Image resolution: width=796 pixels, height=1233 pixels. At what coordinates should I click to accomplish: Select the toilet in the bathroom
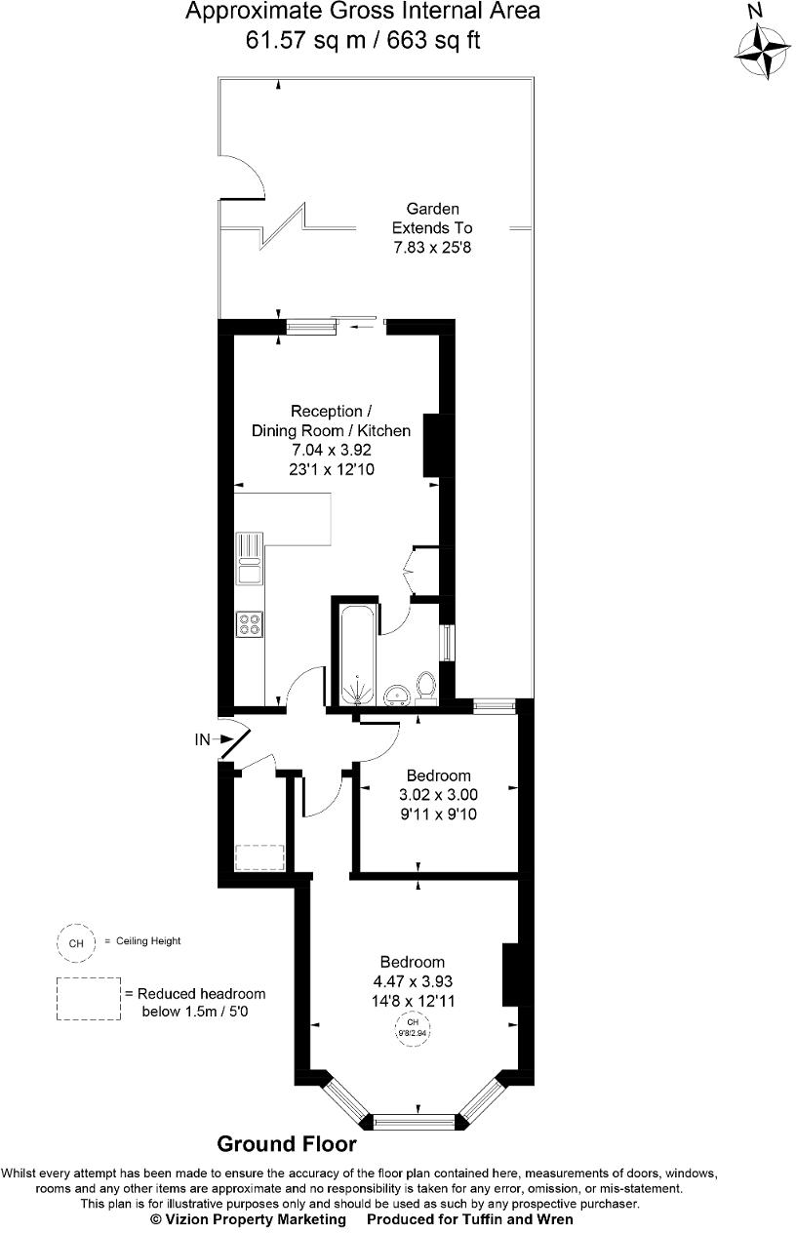pyautogui.click(x=425, y=688)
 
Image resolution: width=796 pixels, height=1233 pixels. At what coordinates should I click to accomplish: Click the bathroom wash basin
pyautogui.click(x=395, y=694)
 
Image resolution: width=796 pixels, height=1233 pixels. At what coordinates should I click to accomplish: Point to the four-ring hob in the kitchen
pyautogui.click(x=250, y=623)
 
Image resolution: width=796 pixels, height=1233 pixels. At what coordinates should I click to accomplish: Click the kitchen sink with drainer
pyautogui.click(x=250, y=558)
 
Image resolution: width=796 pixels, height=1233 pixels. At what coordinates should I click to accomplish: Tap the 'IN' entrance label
pyautogui.click(x=202, y=740)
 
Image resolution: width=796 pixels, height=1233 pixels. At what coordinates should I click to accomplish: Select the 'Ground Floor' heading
pyautogui.click(x=286, y=1144)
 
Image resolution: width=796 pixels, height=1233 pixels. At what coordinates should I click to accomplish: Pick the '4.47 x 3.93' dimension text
pyautogui.click(x=412, y=981)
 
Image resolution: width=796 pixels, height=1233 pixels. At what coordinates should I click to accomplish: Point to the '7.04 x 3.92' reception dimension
pyautogui.click(x=332, y=450)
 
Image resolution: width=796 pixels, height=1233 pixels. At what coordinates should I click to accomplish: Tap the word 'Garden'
pyautogui.click(x=432, y=209)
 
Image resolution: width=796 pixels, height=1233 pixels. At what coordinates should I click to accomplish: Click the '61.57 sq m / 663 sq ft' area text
pyautogui.click(x=363, y=40)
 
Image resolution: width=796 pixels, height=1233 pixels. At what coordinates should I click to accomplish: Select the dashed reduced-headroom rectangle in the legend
pyautogui.click(x=88, y=999)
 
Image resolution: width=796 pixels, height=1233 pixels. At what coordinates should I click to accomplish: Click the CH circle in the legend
pyautogui.click(x=75, y=942)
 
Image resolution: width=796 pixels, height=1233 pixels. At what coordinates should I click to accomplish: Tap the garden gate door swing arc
pyautogui.click(x=246, y=173)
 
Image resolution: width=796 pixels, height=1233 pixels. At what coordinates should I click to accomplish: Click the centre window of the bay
pyautogui.click(x=414, y=1122)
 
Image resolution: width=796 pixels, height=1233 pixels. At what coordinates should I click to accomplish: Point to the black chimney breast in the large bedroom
pyautogui.click(x=510, y=974)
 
